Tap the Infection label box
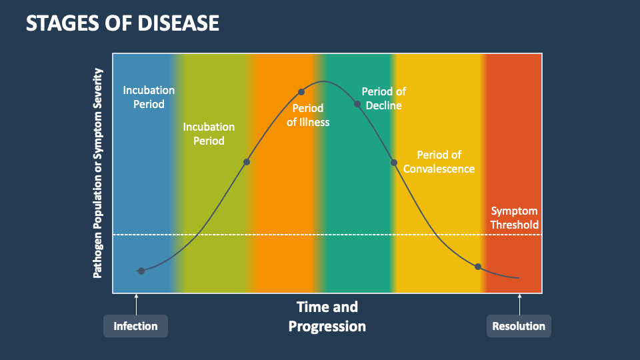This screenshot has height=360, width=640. [x=135, y=326]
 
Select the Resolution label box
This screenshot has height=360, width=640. [x=519, y=326]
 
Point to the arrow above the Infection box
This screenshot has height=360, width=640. [x=136, y=304]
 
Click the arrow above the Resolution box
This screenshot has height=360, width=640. [x=519, y=304]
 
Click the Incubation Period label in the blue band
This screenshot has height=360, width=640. [x=149, y=97]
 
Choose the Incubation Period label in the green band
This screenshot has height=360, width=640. [x=209, y=133]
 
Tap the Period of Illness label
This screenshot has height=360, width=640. [x=307, y=115]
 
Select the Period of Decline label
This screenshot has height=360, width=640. [x=383, y=98]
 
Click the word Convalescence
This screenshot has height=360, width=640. [x=439, y=169]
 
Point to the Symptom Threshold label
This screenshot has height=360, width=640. [x=514, y=218]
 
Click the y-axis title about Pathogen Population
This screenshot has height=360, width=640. [x=98, y=173]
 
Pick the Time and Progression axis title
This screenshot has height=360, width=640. [x=327, y=316]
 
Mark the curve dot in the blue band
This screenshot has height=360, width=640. [x=141, y=270]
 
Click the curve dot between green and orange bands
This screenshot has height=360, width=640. [x=247, y=162]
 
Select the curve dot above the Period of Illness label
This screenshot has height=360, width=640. [x=301, y=92]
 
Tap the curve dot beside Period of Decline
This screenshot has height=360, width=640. [x=357, y=104]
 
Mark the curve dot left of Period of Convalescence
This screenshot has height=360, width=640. [x=394, y=162]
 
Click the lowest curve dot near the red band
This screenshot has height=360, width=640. [x=478, y=267]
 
